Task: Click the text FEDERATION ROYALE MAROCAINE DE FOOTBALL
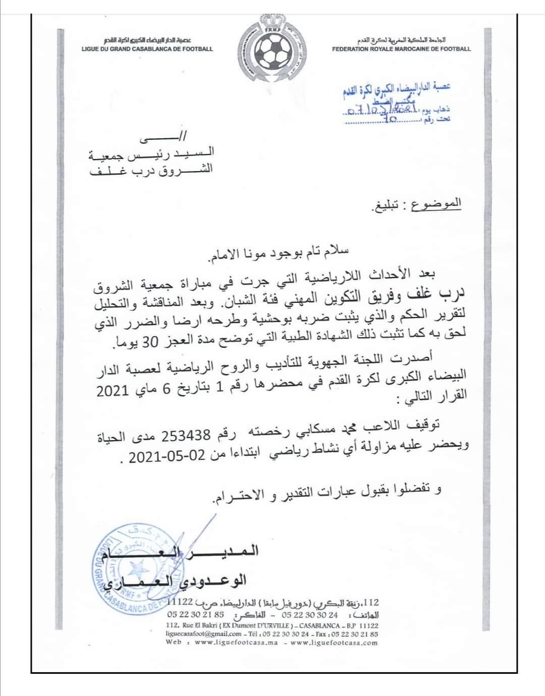point(401,49)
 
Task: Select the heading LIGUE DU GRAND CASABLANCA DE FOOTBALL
point(147,49)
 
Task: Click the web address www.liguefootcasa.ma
point(236,643)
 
